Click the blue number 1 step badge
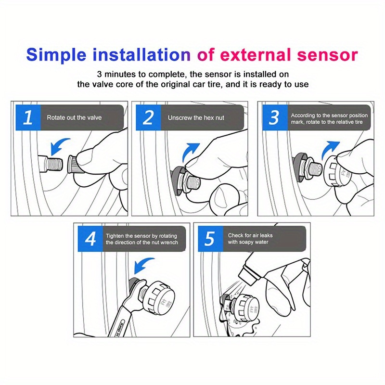click(x=28, y=117)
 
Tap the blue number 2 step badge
click(x=149, y=117)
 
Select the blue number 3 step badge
click(x=274, y=117)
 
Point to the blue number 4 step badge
click(x=90, y=239)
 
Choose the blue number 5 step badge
click(x=209, y=239)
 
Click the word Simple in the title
click(x=60, y=54)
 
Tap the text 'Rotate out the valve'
click(x=74, y=117)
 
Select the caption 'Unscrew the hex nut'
click(x=196, y=117)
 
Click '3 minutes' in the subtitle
click(x=116, y=75)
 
